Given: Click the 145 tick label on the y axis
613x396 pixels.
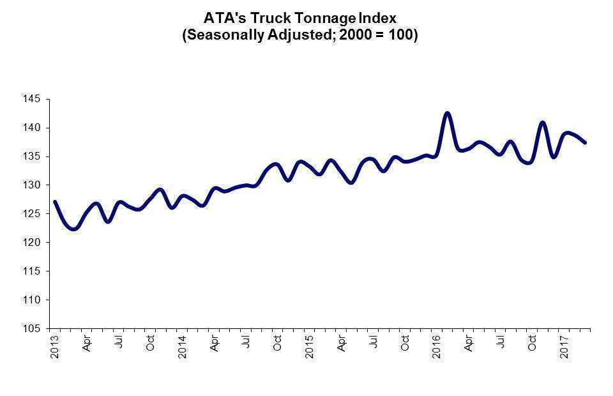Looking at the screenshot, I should [x=33, y=99].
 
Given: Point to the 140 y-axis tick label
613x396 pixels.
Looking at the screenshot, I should [x=33, y=128].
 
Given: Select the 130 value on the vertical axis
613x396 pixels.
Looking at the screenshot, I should [x=33, y=185].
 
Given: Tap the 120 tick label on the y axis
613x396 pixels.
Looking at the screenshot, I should [x=33, y=243].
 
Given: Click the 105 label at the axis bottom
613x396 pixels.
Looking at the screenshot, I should [x=33, y=328].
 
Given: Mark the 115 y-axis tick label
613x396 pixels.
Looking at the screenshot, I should [x=33, y=271].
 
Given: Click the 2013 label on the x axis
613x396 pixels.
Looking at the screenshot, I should [x=55, y=346].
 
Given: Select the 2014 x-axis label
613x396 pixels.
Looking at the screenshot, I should [x=183, y=346].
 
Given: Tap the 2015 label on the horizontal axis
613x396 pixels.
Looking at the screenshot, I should [x=310, y=346].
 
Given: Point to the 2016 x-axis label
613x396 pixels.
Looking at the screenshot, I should [x=437, y=346].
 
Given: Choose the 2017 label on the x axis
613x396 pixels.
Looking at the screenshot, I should [x=564, y=346].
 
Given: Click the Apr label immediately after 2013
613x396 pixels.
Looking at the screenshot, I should [x=87, y=344].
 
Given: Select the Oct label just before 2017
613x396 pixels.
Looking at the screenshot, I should [x=533, y=343].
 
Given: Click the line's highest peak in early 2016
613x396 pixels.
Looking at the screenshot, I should [x=448, y=113].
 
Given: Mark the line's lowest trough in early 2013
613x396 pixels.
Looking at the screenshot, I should [x=74, y=229].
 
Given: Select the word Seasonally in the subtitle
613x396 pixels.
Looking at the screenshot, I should [x=225, y=35].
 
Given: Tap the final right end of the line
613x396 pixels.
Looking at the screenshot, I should [x=585, y=142].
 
